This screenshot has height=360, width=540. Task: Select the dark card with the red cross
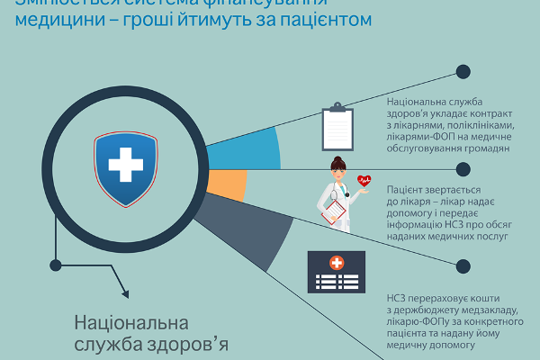pos(337,271)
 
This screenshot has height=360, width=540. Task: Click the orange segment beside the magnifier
pos(231,184)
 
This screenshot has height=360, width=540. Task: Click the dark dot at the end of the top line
pos(463,72)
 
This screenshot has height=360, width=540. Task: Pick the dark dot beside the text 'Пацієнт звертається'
pos(463,169)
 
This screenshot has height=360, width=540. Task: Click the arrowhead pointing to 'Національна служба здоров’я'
pos(123,292)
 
